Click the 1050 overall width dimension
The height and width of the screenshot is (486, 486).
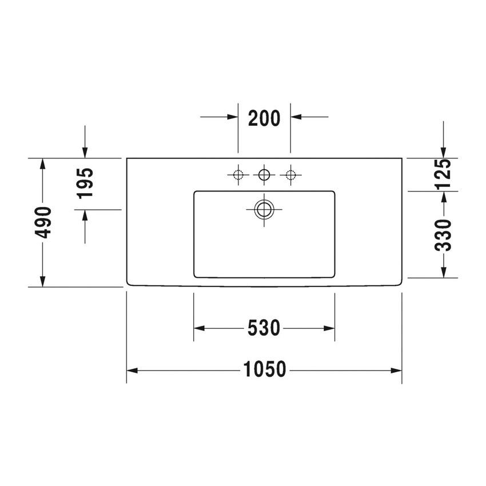pyautogui.click(x=264, y=369)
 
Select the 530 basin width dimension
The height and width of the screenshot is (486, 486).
pyautogui.click(x=264, y=328)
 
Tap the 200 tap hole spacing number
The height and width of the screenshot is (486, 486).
pyautogui.click(x=264, y=118)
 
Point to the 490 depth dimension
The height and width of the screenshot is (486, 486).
pyautogui.click(x=43, y=222)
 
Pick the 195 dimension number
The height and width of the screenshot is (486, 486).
pyautogui.click(x=85, y=183)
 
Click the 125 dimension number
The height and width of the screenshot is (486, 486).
pyautogui.click(x=443, y=174)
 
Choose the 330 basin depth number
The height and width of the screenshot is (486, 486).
pyautogui.click(x=443, y=235)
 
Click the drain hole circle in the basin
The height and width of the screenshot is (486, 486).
pyautogui.click(x=264, y=209)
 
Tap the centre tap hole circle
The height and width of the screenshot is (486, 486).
pyautogui.click(x=264, y=175)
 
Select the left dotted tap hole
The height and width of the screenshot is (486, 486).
pyautogui.click(x=238, y=175)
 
